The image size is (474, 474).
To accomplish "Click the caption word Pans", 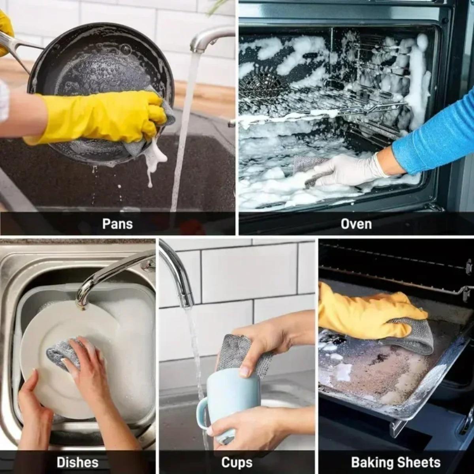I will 117,224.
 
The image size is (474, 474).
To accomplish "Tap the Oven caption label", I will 356,224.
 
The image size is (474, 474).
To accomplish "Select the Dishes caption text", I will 77,462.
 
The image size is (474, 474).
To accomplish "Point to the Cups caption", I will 237,462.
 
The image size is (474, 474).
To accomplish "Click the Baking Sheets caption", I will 395,462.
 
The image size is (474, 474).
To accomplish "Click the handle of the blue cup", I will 202,413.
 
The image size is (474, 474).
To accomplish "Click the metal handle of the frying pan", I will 16,47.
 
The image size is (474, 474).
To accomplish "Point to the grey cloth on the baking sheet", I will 411,336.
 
